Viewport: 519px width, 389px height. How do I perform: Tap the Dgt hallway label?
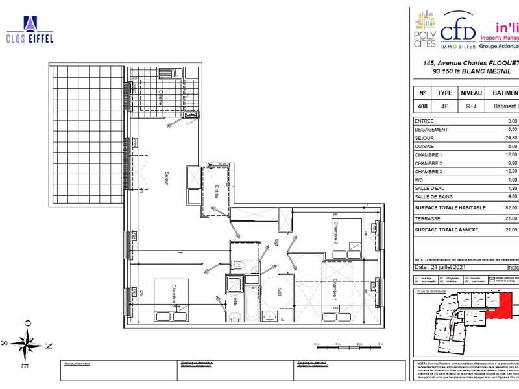pyautogui.click(x=275, y=243)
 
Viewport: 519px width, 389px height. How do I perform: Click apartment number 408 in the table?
pyautogui.click(x=423, y=106)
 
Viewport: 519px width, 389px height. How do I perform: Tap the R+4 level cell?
pyautogui.click(x=471, y=106)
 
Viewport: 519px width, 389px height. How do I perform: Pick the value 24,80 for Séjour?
pyautogui.click(x=512, y=137)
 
